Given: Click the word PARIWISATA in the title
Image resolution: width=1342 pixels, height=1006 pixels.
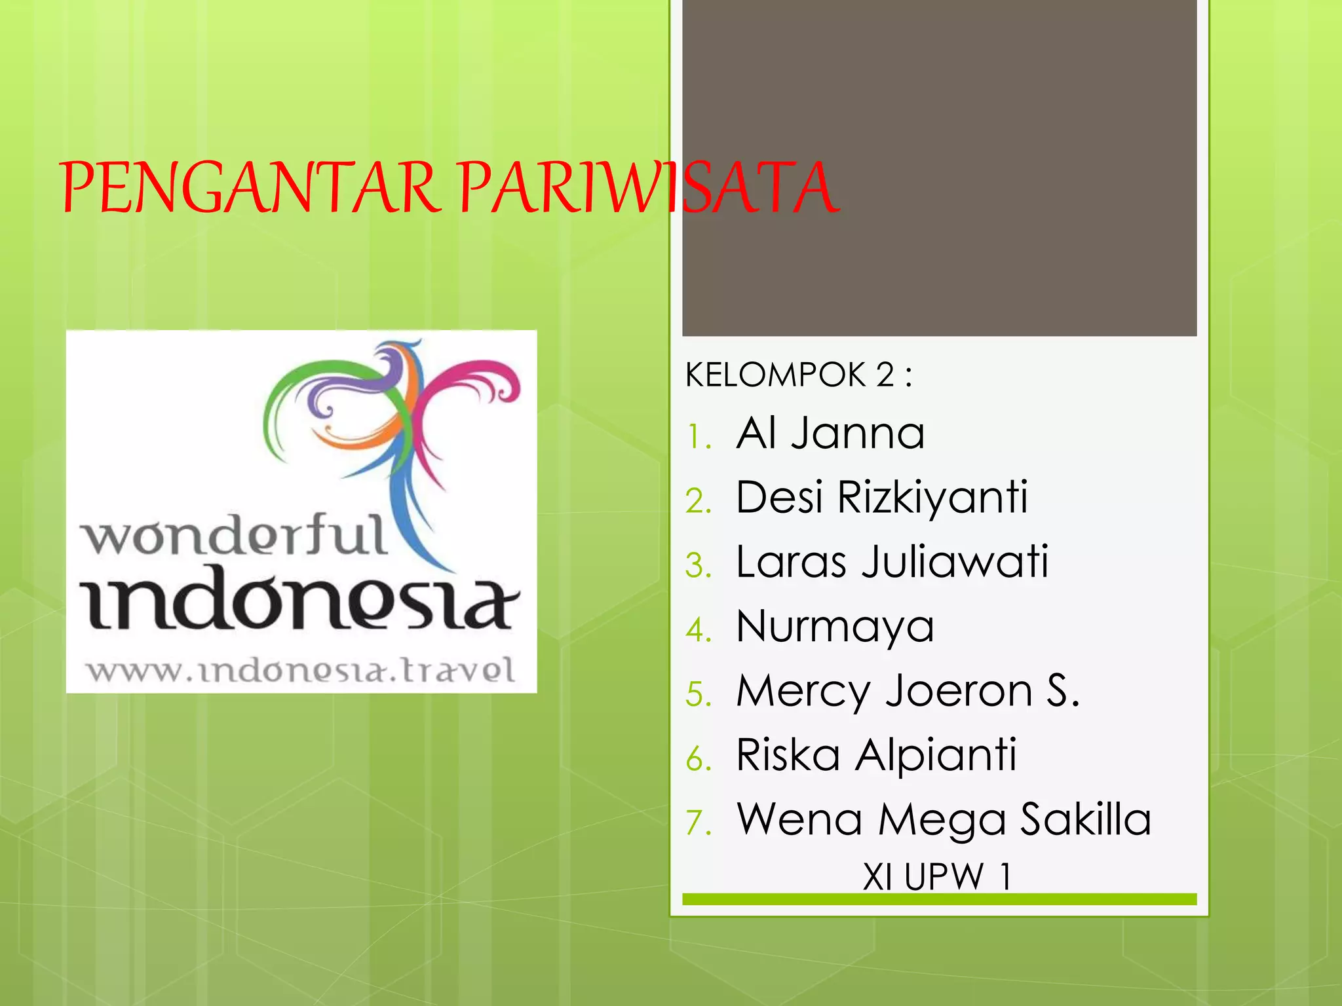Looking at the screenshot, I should point(649,188).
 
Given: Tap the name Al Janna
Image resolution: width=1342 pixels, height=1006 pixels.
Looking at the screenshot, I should point(830,434).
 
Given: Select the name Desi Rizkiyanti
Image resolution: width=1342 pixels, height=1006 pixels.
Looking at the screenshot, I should point(882,498).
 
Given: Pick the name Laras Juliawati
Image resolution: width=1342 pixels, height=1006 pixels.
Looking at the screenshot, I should point(892,562).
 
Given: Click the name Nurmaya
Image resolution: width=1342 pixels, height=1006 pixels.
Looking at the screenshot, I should point(835,627).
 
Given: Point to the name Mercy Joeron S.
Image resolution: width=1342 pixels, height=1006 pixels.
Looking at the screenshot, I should point(908,691).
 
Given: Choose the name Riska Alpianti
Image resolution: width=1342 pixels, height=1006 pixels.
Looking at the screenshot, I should point(876,755).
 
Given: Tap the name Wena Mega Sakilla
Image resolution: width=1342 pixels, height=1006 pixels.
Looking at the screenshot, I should point(944,819).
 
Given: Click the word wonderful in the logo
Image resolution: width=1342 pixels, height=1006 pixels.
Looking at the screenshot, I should point(234,535).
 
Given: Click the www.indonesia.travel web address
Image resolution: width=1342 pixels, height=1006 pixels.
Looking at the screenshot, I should point(301,671).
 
